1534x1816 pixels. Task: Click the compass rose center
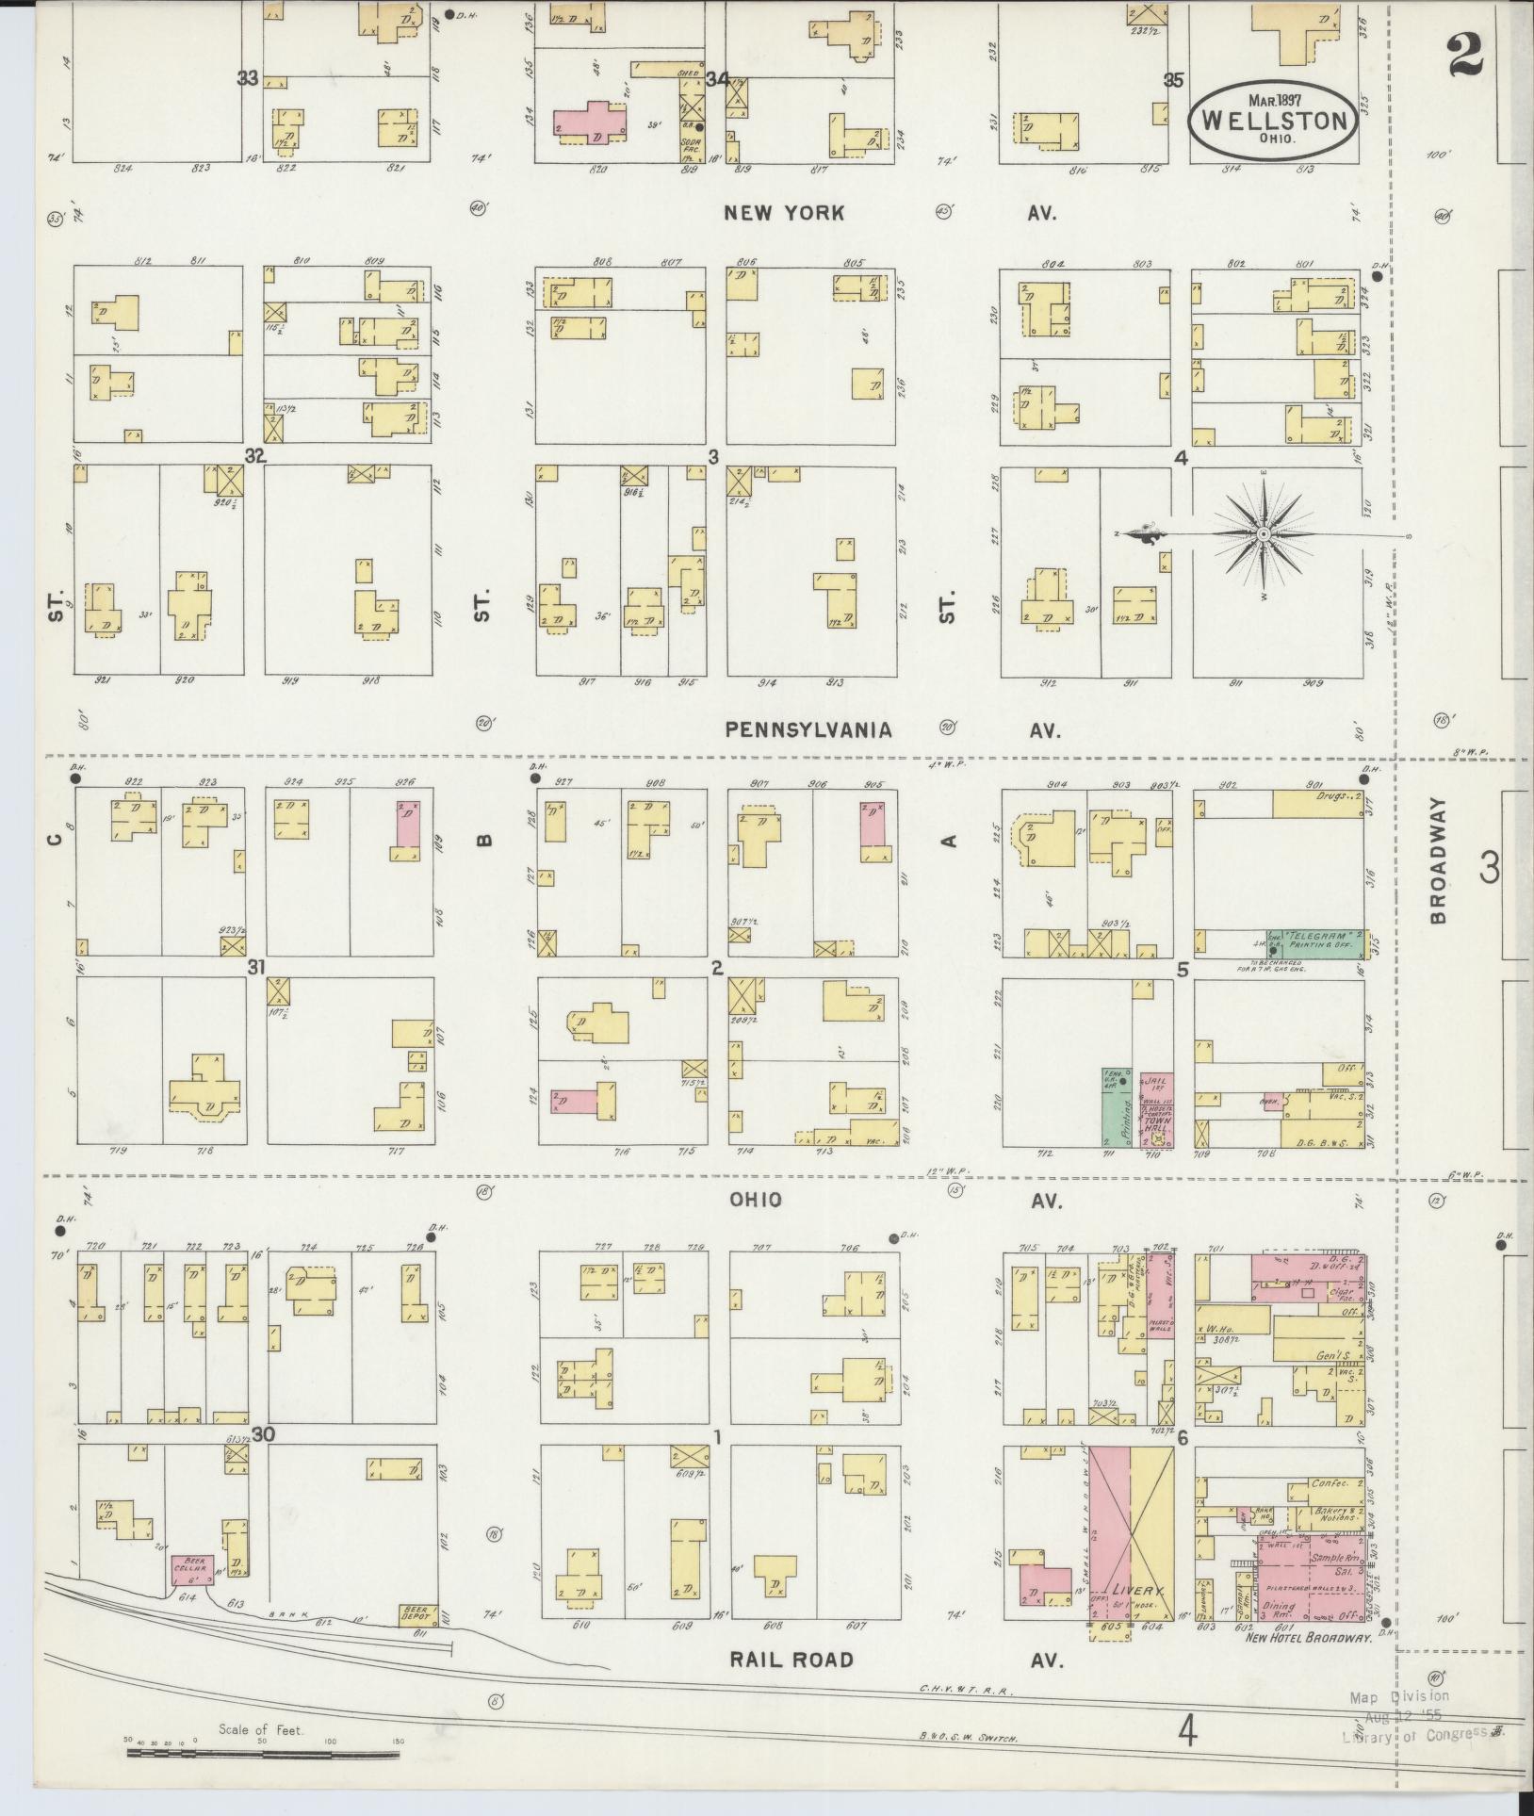1262,535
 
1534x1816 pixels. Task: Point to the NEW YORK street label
784,214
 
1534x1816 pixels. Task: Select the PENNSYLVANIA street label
808,729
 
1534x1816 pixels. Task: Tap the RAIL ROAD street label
791,1661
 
